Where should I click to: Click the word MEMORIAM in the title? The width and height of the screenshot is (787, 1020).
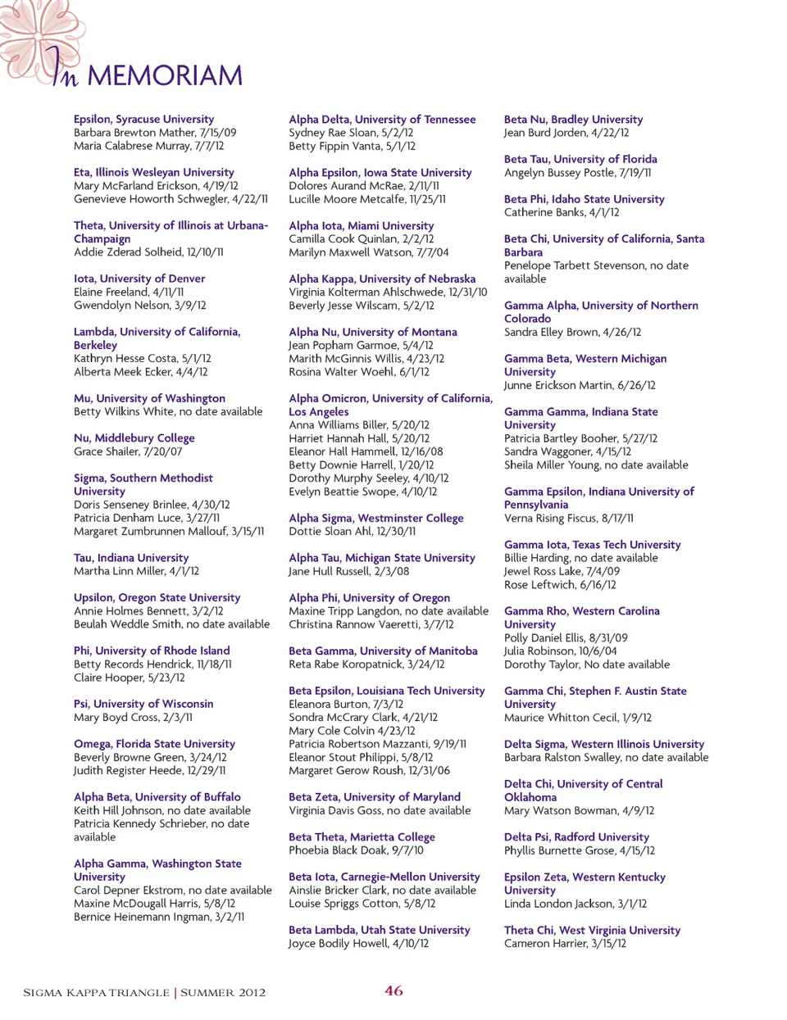165,76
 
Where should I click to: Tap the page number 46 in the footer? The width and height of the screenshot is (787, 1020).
393,991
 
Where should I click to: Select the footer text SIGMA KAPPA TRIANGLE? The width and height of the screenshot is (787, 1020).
96,993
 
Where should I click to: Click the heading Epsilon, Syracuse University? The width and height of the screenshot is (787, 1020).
143,120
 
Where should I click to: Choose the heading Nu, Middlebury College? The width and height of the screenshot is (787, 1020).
134,438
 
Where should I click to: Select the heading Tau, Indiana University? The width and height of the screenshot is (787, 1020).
131,558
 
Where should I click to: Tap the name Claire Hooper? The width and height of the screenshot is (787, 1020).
107,678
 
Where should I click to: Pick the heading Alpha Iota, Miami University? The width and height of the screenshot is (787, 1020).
361,226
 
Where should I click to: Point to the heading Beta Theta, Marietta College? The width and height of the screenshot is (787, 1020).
362,837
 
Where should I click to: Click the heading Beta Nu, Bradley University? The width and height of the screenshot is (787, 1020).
573,120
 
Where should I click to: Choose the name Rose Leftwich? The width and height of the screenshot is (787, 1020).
539,585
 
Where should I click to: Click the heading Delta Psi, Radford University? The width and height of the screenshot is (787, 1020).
576,837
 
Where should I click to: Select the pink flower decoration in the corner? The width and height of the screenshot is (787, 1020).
37,37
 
